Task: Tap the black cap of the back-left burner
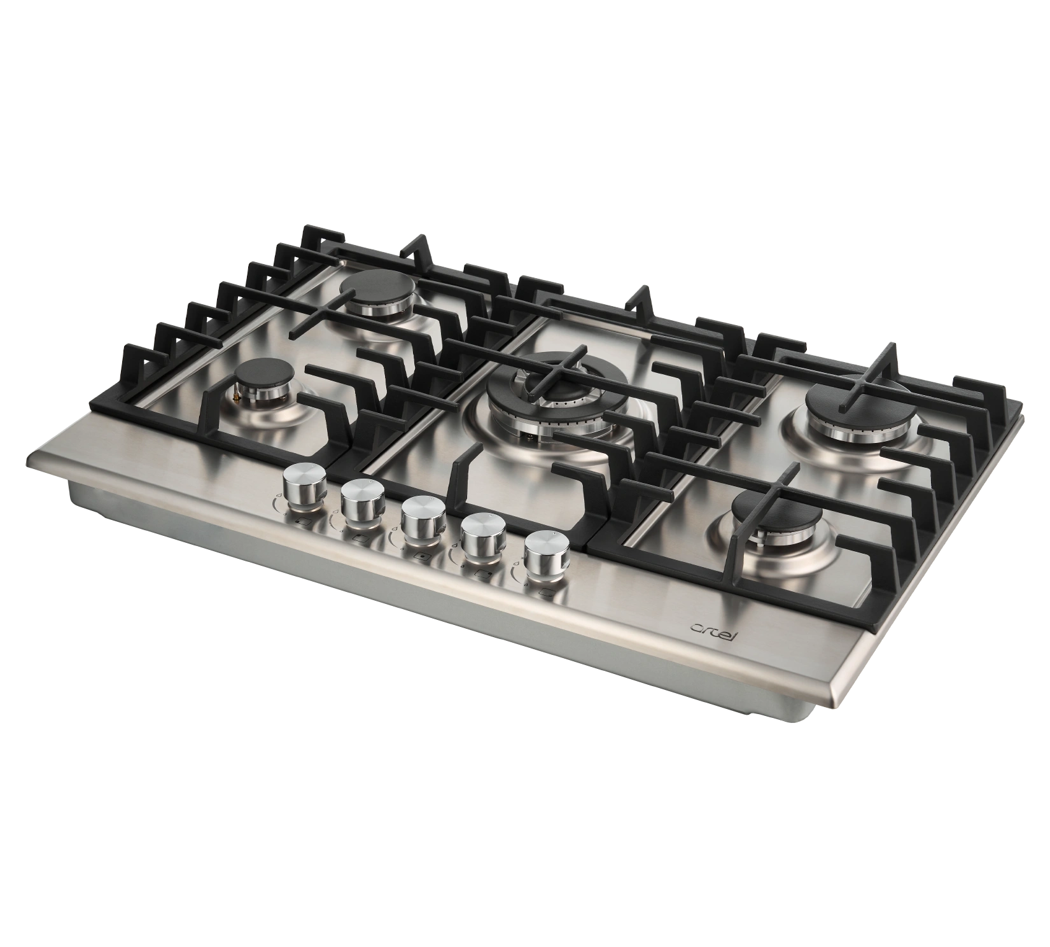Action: pos(374,284)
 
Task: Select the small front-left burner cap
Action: pos(261,374)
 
